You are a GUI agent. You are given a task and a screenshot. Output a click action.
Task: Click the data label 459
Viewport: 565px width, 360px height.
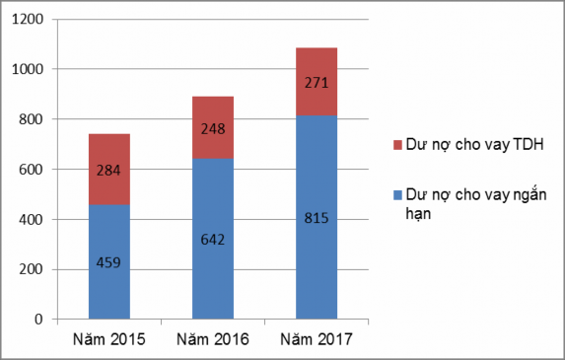coord(108,262)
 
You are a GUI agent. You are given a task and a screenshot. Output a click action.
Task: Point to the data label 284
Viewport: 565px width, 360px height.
coord(108,170)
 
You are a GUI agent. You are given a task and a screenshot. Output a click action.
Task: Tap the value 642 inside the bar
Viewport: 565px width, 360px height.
coord(212,239)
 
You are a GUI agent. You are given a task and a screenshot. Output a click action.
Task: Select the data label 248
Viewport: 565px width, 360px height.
coord(212,128)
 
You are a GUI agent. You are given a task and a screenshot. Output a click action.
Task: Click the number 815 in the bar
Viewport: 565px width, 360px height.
coord(317,217)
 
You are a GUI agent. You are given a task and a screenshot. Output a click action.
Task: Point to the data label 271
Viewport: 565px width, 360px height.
coord(317,83)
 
